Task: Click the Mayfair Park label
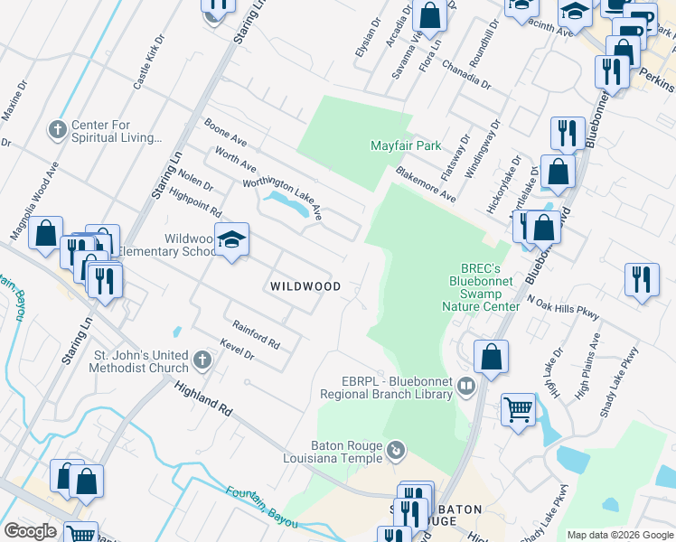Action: click(406, 145)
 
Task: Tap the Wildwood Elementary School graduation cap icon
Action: click(232, 240)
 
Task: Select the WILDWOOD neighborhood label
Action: click(305, 286)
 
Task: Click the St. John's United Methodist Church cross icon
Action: click(202, 361)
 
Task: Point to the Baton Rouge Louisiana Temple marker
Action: click(396, 450)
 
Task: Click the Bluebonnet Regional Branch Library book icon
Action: click(466, 388)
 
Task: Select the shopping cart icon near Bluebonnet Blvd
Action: click(519, 410)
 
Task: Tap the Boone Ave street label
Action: click(225, 134)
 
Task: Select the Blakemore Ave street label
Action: click(424, 184)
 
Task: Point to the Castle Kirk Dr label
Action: click(149, 63)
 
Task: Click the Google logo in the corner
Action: click(30, 531)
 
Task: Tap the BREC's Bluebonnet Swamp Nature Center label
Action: click(489, 287)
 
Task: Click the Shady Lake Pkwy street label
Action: click(619, 381)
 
